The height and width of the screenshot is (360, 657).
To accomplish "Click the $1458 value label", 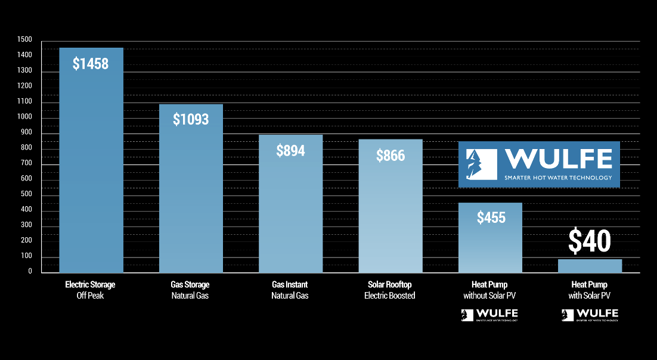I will [x=91, y=63].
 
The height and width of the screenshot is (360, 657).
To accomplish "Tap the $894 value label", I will [x=290, y=151].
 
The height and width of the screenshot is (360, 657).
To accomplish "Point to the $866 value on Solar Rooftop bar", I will [x=391, y=156].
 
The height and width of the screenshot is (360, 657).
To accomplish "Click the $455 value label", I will [x=491, y=218].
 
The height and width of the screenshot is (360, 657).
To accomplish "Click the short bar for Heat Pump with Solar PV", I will [x=590, y=266].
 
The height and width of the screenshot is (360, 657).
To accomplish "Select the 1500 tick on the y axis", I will [x=25, y=39].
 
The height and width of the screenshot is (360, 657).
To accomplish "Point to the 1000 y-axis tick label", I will [x=25, y=117].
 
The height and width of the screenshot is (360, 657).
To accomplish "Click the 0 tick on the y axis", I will [x=29, y=271].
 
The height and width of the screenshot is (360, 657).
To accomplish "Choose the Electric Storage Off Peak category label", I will [x=90, y=290].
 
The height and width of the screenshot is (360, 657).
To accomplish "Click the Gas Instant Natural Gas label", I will [x=290, y=290].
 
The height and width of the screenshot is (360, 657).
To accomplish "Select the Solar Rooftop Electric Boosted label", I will [x=390, y=290].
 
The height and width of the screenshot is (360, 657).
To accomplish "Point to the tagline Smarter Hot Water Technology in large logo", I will [x=557, y=178].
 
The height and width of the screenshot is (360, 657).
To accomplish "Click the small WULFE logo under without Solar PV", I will [x=489, y=315].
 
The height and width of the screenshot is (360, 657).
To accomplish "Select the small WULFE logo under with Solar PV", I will [x=590, y=315].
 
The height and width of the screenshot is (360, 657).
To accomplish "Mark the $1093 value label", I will [x=191, y=119].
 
